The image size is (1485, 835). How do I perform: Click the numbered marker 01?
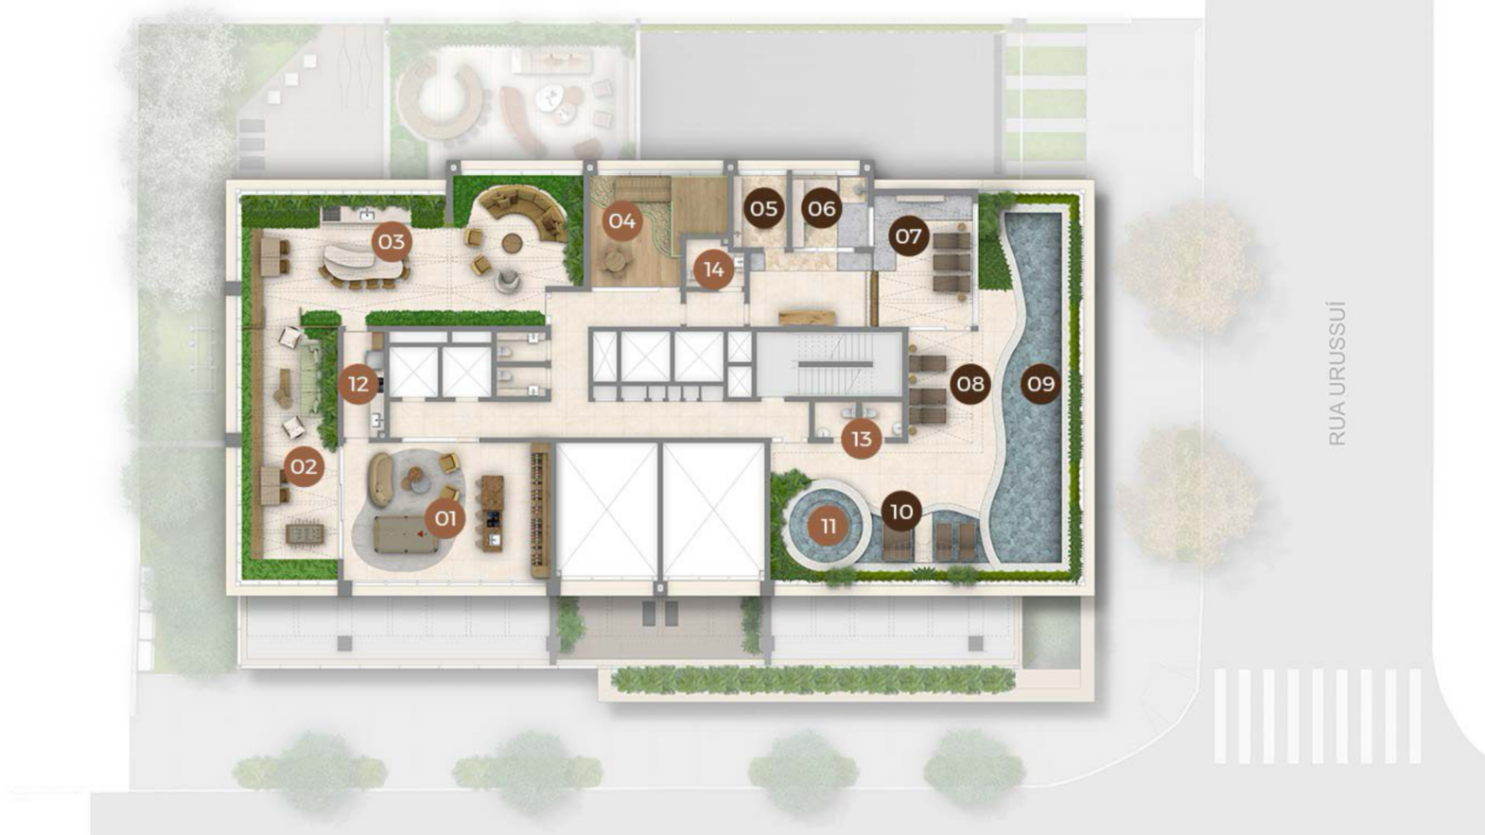445,517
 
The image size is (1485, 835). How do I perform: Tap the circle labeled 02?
305,466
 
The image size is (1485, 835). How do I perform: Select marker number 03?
392,242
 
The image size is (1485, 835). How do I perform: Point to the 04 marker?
621,220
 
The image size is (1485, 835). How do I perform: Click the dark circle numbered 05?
763,209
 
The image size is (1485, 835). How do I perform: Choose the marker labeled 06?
821,209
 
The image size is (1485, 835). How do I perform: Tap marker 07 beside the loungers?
909,235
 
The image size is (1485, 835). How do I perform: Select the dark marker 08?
970,384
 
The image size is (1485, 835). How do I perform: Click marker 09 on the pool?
1040,384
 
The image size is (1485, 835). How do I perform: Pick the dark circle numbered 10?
901,511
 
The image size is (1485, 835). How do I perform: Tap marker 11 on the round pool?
828,526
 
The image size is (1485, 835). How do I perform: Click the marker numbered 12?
358,384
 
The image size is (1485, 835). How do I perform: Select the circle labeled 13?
861,439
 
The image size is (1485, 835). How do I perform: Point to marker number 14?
714,270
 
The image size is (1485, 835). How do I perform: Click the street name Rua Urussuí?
1337,374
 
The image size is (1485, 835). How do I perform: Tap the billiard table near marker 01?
406,535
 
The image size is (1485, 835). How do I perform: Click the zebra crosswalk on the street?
1318,716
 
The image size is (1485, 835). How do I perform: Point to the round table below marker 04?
615,260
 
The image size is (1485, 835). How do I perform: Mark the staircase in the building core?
830,364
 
